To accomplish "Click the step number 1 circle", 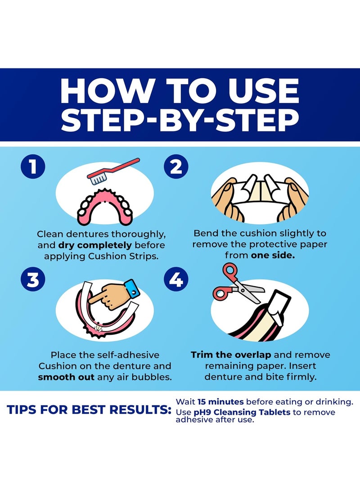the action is point(33,166).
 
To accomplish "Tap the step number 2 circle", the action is point(176,166).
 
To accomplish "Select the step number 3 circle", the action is point(33,279).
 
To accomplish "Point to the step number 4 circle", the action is point(176,279).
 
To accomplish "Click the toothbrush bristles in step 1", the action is point(98,179).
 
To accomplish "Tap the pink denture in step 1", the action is point(104,206).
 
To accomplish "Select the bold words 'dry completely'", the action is point(95,245).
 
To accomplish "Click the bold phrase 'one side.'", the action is point(273,255).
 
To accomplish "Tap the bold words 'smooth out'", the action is point(66,377).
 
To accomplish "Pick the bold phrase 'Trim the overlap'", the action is point(231,355).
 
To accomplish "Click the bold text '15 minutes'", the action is point(220,402).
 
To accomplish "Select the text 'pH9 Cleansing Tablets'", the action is point(242,412).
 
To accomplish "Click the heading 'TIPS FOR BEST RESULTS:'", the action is point(89,410).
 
